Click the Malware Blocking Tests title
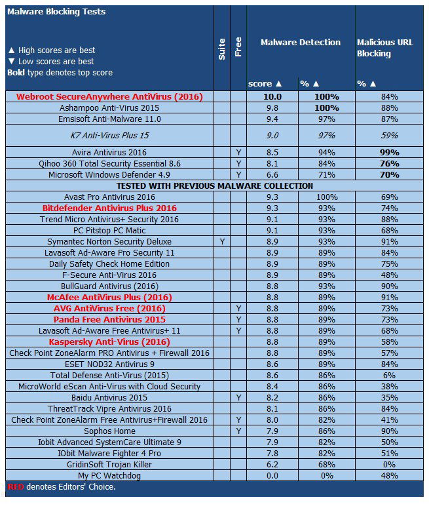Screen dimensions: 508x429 (55, 12)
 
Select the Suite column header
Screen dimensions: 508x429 (221, 49)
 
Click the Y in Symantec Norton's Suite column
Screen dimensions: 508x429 (221, 241)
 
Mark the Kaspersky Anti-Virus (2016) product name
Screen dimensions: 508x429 (109, 342)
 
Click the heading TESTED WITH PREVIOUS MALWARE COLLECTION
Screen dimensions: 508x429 (214, 186)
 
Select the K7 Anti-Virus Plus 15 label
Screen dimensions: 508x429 (109, 136)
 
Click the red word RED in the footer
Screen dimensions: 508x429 (14, 487)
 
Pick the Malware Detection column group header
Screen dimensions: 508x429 (301, 43)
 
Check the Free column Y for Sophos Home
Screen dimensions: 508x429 (238, 431)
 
